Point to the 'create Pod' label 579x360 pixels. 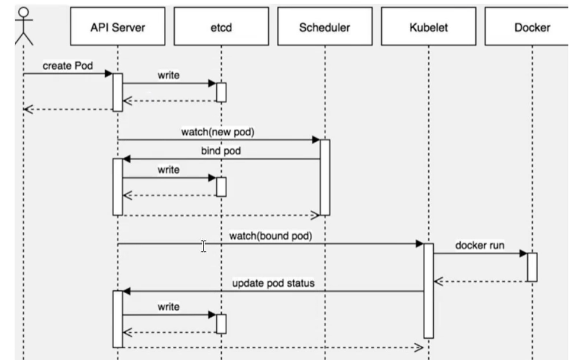(67, 66)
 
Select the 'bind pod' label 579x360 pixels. (221, 151)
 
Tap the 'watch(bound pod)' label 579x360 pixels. (270, 236)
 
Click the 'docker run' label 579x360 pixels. (480, 245)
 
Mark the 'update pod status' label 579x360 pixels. (273, 283)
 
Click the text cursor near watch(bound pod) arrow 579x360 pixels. (203, 246)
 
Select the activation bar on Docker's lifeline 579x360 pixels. (532, 267)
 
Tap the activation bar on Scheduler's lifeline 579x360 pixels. (325, 177)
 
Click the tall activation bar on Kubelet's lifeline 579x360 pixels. (428, 290)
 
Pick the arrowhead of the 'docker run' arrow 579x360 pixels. (523, 253)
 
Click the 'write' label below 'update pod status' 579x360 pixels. (169, 307)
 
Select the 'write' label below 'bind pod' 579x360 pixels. (169, 170)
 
